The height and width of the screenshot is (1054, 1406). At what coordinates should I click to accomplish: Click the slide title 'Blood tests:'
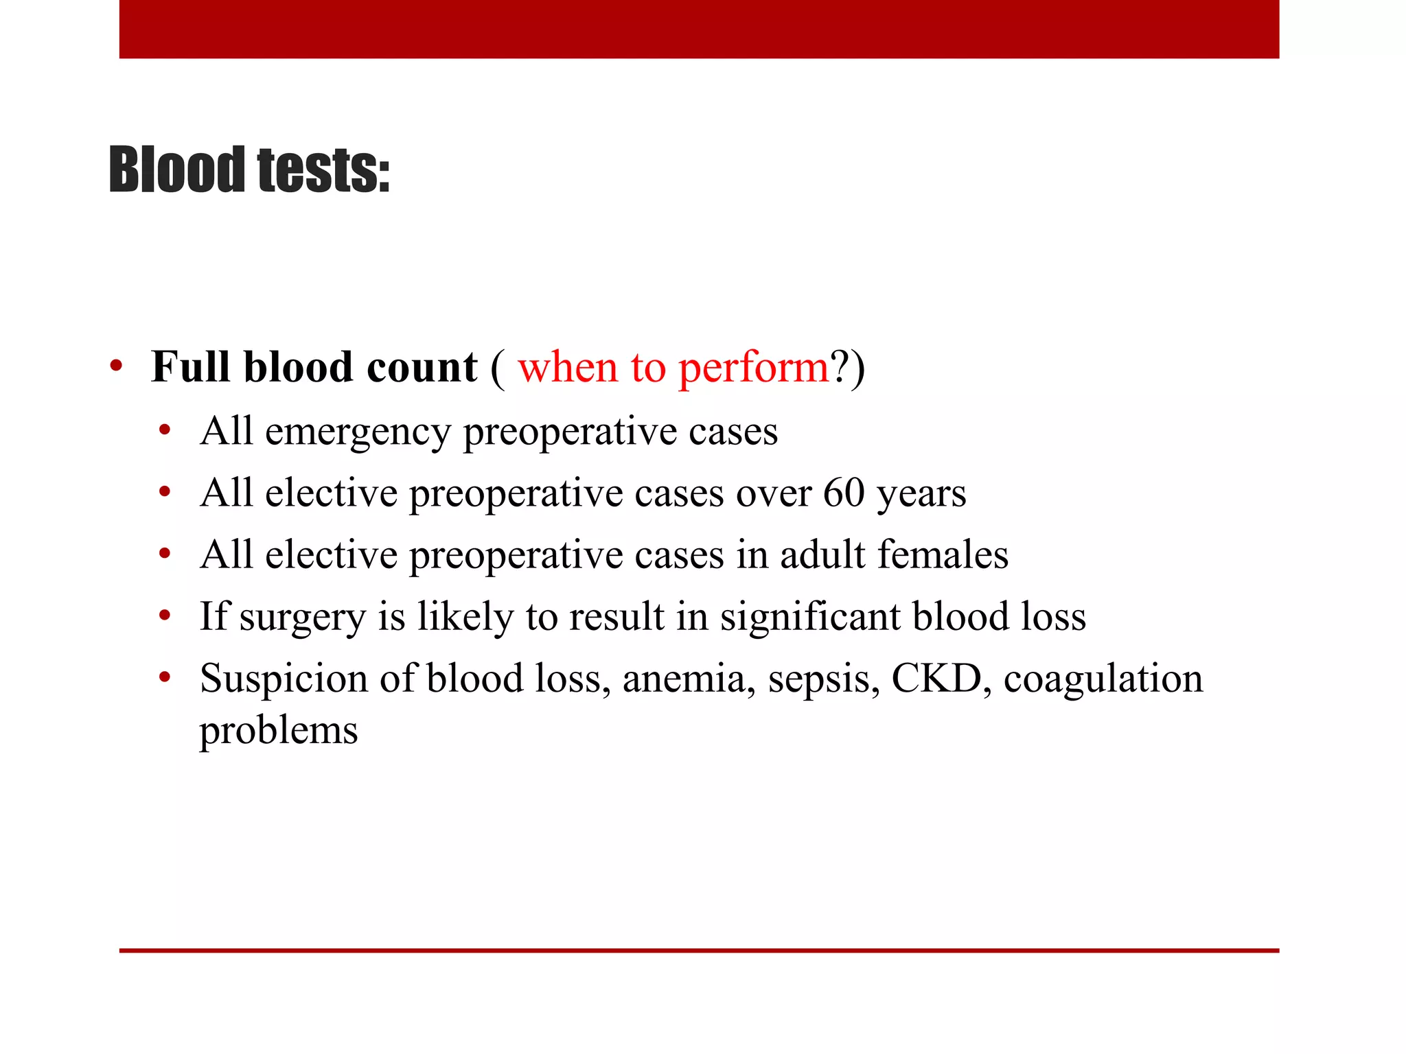point(249,169)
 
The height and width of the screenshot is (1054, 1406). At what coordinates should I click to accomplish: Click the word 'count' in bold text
point(422,367)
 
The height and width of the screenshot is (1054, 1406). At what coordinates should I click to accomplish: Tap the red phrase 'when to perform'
point(673,367)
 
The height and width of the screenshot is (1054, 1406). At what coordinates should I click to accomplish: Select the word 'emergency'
point(357,432)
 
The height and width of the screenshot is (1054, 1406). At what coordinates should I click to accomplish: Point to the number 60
point(844,493)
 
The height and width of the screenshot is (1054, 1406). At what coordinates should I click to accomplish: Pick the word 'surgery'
point(302,617)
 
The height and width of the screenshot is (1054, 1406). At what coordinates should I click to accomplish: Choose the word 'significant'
point(809,616)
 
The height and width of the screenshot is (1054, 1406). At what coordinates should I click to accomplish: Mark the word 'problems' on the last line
point(279,730)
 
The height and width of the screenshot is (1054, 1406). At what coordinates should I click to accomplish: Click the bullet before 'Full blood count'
point(116,366)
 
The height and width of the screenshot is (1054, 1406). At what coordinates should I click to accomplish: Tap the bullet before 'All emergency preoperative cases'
point(164,431)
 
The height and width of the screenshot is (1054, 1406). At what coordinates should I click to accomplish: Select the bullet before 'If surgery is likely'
point(164,616)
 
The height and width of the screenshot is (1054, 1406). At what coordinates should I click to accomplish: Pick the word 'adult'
point(822,554)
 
